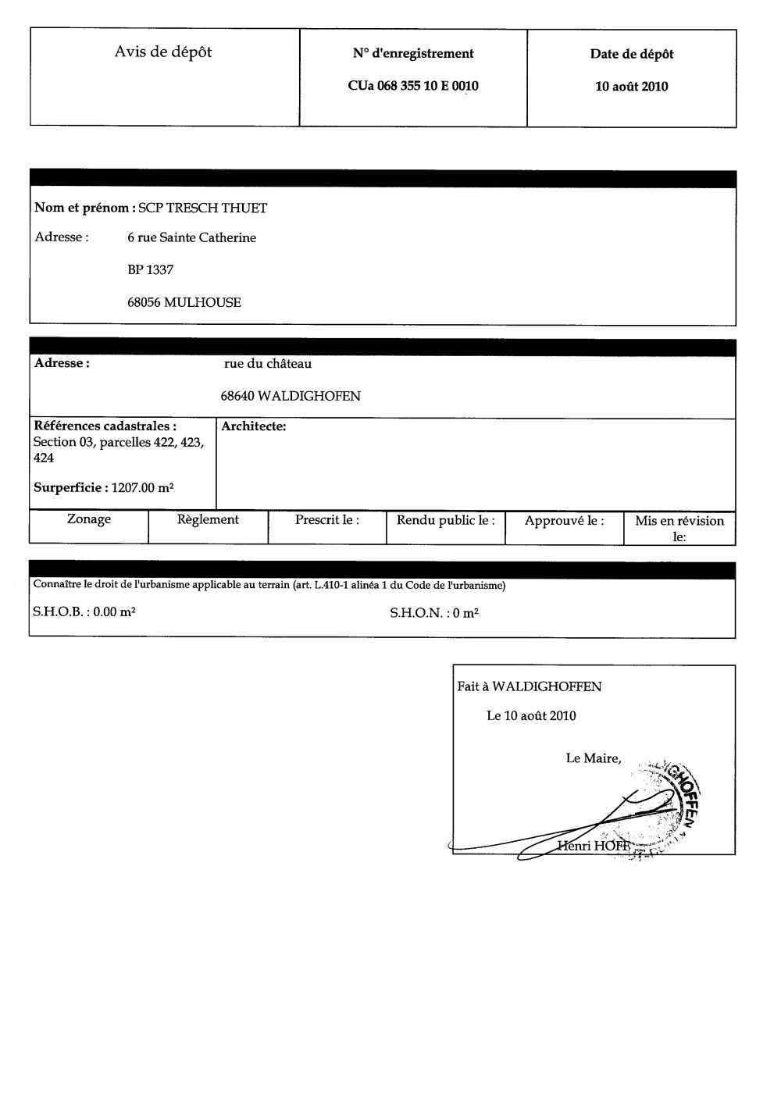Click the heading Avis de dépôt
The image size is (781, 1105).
[x=163, y=52]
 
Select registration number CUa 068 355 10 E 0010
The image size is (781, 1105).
[x=413, y=87]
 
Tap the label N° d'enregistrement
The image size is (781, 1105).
[x=413, y=54]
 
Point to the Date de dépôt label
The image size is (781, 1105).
[x=632, y=55]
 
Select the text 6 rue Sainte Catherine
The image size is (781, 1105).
[x=191, y=237]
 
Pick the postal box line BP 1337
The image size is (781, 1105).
[x=150, y=270]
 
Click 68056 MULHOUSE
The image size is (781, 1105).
[x=184, y=302]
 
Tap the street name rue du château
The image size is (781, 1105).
[x=268, y=364]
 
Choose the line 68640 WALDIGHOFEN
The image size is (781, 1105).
[x=291, y=396]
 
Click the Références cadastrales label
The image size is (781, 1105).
[x=105, y=426]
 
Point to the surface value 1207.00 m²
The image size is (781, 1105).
[x=142, y=488]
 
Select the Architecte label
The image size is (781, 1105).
[x=254, y=426]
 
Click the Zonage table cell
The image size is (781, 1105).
[x=89, y=519]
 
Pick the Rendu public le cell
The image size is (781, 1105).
[x=445, y=520]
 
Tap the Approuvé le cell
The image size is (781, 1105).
[x=564, y=521]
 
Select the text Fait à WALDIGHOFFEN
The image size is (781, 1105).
[x=530, y=687]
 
